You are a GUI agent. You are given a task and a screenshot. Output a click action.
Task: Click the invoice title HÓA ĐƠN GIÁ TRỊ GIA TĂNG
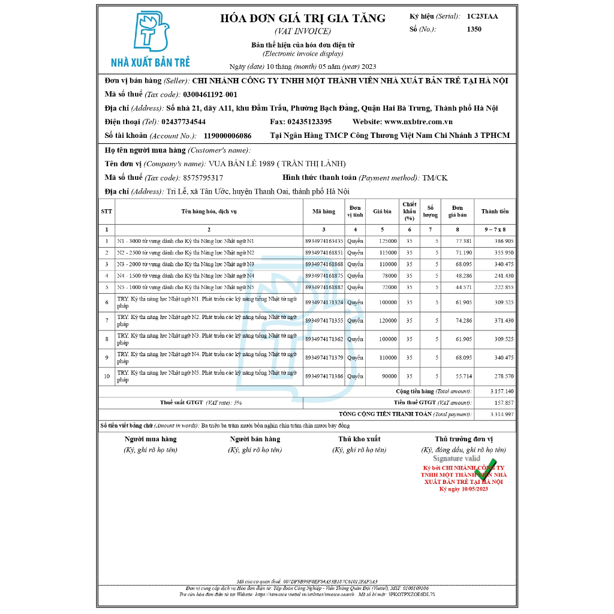tap(303, 19)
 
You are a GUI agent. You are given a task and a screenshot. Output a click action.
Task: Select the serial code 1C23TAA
tap(482, 16)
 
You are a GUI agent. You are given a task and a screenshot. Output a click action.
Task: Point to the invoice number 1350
tap(474, 29)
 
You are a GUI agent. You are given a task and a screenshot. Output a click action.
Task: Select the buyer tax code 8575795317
tap(203, 177)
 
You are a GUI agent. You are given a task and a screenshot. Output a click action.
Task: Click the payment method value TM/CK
tap(435, 177)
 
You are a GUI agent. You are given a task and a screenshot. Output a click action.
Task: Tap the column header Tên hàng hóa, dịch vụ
tap(209, 211)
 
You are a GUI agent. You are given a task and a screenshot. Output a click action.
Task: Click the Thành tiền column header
tap(495, 211)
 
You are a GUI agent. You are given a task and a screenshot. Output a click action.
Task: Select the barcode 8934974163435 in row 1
tap(324, 241)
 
